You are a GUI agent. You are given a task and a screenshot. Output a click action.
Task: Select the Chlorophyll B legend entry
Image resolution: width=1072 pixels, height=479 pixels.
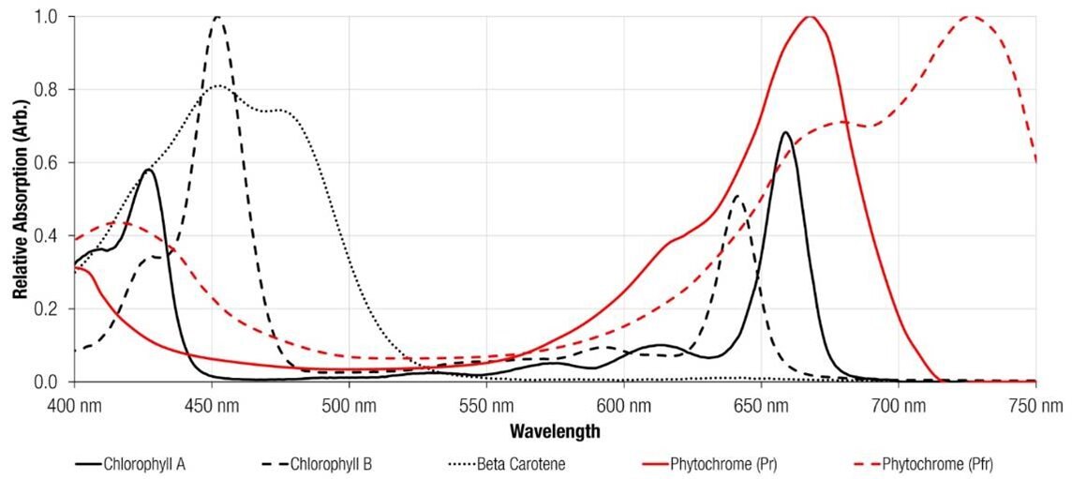324,463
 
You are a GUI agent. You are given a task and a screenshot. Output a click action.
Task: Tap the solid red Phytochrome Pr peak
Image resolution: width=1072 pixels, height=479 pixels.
811,17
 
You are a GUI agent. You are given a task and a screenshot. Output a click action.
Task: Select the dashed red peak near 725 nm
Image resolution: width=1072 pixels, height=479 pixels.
970,17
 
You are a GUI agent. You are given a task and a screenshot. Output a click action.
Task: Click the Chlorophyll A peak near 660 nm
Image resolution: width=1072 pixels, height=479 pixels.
785,133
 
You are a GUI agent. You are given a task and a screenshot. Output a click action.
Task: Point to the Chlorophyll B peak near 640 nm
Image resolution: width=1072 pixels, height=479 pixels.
737,196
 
